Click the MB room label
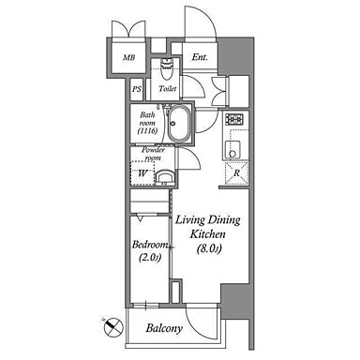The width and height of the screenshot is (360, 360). (x=129, y=57)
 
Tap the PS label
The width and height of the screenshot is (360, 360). (x=136, y=89)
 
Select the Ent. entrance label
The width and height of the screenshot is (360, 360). (x=200, y=57)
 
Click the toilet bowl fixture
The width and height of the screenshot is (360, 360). (x=166, y=69)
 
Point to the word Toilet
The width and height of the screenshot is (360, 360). (x=168, y=89)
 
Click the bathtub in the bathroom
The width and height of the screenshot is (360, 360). (x=179, y=124)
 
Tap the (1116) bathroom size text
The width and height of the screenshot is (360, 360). (x=147, y=131)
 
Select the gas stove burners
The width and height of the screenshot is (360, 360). (x=235, y=119)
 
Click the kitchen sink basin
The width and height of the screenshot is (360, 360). (x=232, y=150)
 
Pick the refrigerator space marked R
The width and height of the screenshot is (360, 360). (x=236, y=173)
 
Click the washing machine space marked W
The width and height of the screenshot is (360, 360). (x=142, y=172)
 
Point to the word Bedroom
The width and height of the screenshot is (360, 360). (x=150, y=245)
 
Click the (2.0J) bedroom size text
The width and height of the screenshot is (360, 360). (x=149, y=258)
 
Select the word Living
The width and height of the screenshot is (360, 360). (x=190, y=220)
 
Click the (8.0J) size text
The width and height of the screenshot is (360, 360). (x=209, y=248)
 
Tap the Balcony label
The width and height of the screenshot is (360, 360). (x=164, y=328)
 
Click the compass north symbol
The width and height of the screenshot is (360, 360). (x=112, y=326)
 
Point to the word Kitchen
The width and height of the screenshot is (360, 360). (x=207, y=234)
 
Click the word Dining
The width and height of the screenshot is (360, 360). (x=224, y=220)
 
